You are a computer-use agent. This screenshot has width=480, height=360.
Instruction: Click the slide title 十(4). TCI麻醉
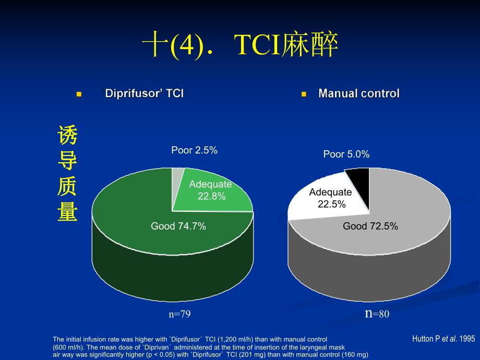241,46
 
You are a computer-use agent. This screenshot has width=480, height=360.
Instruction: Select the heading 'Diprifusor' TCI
143,94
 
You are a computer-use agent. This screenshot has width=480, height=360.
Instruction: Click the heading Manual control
358,94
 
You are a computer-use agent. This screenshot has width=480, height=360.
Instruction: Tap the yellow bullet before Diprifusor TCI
79,94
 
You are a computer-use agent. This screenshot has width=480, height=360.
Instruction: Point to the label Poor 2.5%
194,150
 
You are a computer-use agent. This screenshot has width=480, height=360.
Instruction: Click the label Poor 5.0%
346,154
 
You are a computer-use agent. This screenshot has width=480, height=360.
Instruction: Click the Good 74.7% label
178,226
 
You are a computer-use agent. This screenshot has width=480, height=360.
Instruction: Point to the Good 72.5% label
370,226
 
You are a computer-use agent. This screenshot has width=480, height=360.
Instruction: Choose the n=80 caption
377,314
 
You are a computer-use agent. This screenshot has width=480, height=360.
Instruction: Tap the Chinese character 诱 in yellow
68,137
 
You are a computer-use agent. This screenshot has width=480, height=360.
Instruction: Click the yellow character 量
68,212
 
